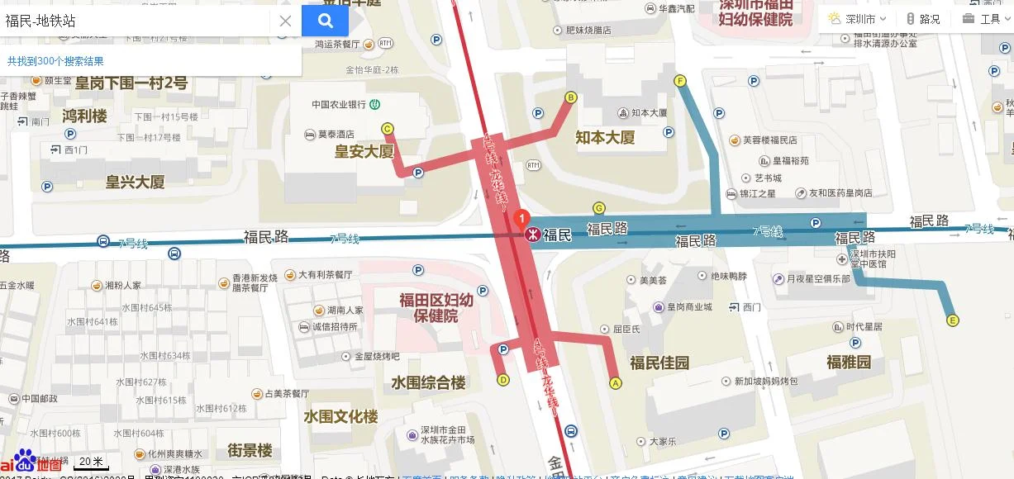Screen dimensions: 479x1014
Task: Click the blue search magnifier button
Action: click(x=325, y=21)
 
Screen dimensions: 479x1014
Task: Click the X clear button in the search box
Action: click(x=285, y=21)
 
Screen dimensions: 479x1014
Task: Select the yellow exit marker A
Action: click(x=615, y=382)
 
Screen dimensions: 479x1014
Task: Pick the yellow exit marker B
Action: click(x=570, y=97)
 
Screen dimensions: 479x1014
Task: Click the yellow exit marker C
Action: click(x=387, y=128)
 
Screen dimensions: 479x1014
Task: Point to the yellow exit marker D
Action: click(x=503, y=380)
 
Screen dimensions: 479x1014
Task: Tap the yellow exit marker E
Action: click(x=953, y=320)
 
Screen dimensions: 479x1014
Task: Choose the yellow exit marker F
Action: click(x=680, y=81)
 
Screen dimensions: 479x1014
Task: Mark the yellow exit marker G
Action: click(x=599, y=207)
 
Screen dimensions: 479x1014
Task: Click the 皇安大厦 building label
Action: click(x=364, y=151)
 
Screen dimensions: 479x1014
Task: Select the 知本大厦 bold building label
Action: click(x=605, y=137)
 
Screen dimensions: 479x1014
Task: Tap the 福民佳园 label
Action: click(x=659, y=362)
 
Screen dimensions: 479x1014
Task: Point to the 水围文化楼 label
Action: click(x=340, y=416)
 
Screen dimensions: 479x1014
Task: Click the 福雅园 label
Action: click(x=849, y=362)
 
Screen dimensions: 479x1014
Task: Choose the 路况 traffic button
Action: click(x=922, y=19)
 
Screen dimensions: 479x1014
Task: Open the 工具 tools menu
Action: click(x=982, y=19)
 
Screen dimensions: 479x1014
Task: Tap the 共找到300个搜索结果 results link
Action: click(x=55, y=61)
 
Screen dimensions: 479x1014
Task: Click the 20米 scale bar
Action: click(x=91, y=462)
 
